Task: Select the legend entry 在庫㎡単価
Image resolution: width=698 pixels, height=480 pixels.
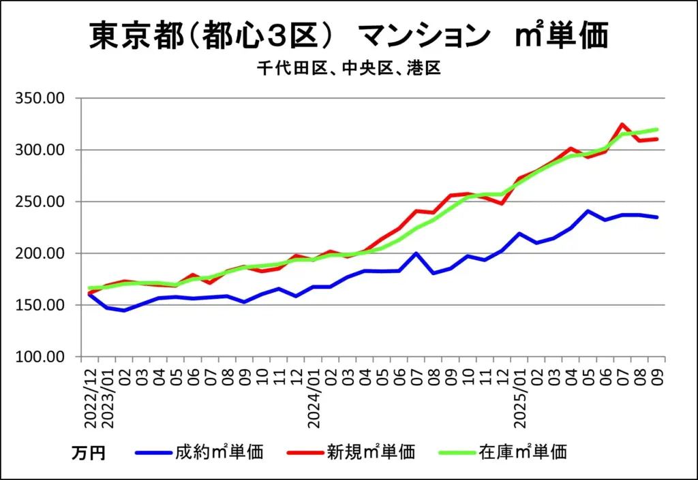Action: coord(523,451)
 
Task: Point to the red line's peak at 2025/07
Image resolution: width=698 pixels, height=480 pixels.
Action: coord(622,125)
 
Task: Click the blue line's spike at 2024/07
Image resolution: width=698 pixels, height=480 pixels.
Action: coord(416,253)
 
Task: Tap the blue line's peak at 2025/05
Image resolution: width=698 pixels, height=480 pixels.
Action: coord(588,211)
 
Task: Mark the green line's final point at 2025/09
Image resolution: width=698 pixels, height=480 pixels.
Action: coord(657,129)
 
